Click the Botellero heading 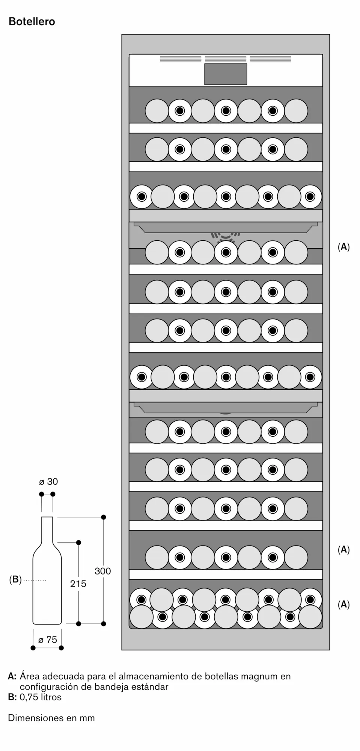point(32,22)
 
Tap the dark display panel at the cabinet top point(226,74)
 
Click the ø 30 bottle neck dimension point(48,482)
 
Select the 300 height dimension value point(103,571)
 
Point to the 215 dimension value point(78,584)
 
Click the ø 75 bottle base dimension point(48,640)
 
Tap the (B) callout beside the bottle point(15,580)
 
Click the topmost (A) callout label point(343,247)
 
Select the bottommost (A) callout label point(343,604)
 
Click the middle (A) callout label point(343,549)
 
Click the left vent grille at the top point(181,59)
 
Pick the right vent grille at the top point(270,59)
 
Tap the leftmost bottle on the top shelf point(157,111)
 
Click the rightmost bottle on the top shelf point(296,111)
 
